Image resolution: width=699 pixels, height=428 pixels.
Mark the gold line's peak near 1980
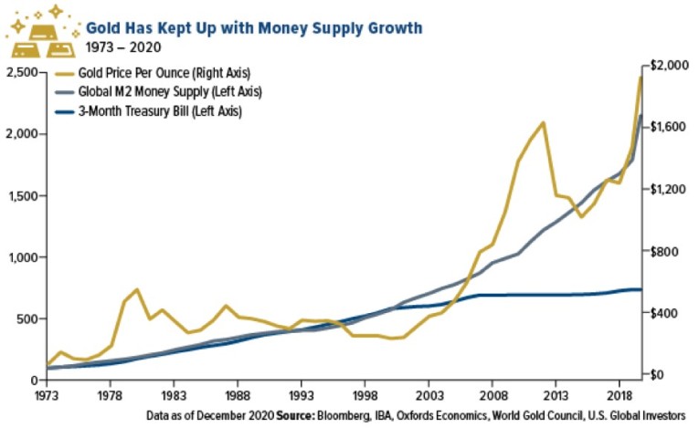(x=136, y=289)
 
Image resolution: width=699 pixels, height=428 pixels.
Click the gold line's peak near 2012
(x=544, y=122)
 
